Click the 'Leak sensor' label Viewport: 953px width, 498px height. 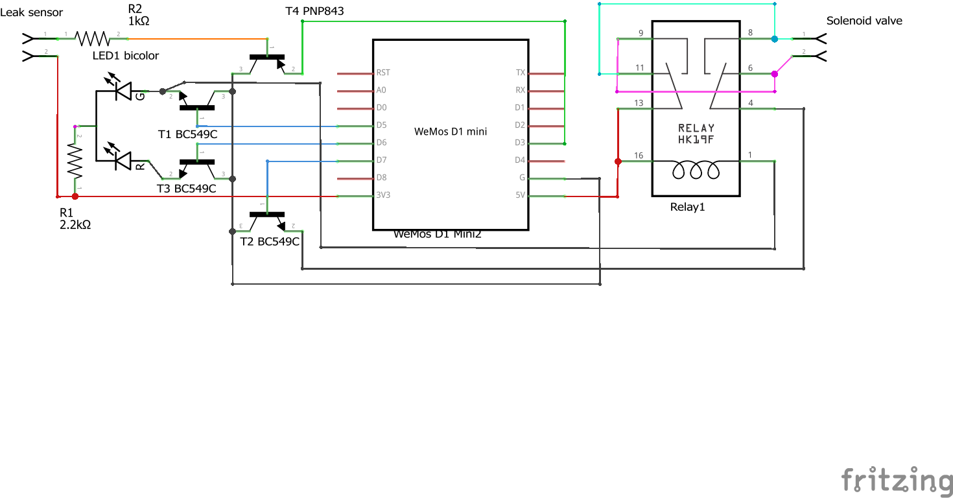[32, 12]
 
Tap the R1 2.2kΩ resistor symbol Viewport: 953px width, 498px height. [76, 161]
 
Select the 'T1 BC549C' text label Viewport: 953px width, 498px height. [187, 134]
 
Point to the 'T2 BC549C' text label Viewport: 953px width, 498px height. [269, 241]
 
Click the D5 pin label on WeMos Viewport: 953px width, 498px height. [381, 125]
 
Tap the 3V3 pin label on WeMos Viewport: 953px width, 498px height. [383, 195]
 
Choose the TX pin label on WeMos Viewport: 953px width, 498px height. [520, 73]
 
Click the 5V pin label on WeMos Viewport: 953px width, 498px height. [520, 195]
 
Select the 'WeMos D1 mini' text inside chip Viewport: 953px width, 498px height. [451, 132]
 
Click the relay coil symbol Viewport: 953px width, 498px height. [696, 171]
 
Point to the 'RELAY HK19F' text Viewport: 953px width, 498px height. [696, 134]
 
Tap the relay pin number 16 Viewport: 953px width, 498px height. [639, 156]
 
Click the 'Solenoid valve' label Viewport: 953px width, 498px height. [864, 21]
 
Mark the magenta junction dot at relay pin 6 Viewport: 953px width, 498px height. [774, 74]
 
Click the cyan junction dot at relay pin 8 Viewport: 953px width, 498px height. [774, 39]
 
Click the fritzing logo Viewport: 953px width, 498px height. [897, 480]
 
